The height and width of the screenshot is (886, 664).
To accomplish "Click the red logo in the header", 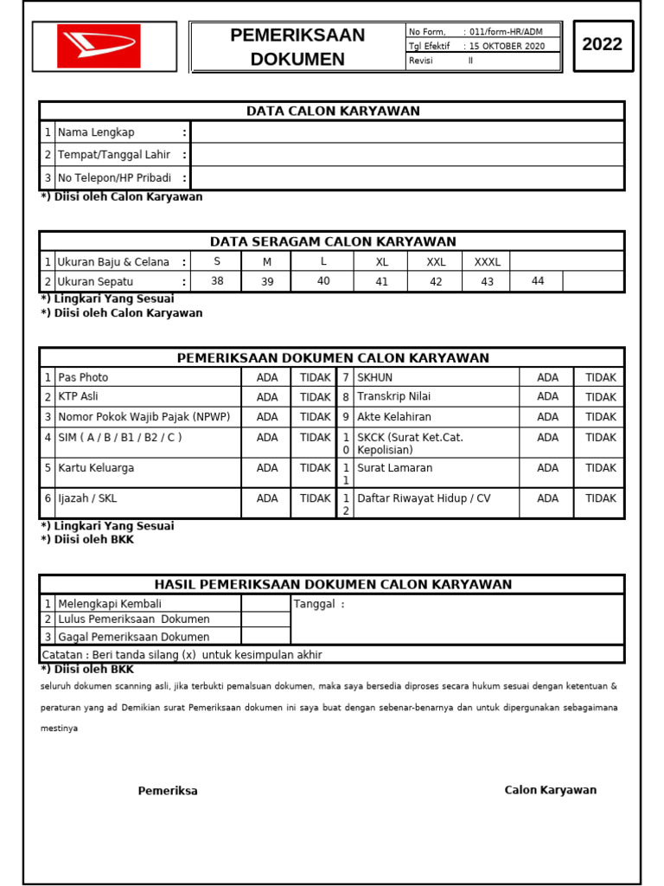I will (x=99, y=47).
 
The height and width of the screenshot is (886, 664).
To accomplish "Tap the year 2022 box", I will (x=603, y=45).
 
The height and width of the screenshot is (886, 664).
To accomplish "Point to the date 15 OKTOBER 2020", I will (x=508, y=47).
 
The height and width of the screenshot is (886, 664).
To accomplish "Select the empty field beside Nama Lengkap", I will (x=406, y=132).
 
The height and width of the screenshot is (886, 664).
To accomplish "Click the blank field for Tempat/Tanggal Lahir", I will (x=406, y=155).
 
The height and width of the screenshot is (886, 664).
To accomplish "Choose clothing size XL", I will (x=382, y=262).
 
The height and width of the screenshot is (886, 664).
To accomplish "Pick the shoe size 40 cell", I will (x=323, y=281).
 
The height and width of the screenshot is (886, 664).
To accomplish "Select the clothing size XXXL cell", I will (x=487, y=262).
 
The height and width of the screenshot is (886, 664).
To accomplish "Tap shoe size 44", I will (x=538, y=281).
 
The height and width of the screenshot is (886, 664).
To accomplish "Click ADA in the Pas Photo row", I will (x=267, y=378).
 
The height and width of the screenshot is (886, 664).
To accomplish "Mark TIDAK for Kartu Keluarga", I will (x=315, y=468).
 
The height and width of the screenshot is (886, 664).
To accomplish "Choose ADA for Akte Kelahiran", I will (x=547, y=417).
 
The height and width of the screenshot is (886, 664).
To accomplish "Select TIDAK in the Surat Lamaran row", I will (x=600, y=468).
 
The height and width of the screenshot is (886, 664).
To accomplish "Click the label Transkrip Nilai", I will (x=394, y=397).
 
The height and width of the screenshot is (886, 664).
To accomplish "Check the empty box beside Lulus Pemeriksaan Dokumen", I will (x=265, y=620).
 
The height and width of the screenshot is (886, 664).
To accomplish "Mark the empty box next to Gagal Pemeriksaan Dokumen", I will (x=265, y=637).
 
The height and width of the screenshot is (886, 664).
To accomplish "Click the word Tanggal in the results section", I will (x=313, y=604).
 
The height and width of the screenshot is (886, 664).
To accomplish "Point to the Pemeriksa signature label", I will (x=168, y=791).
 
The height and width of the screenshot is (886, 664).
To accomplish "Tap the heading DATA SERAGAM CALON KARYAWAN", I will (x=333, y=241).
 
